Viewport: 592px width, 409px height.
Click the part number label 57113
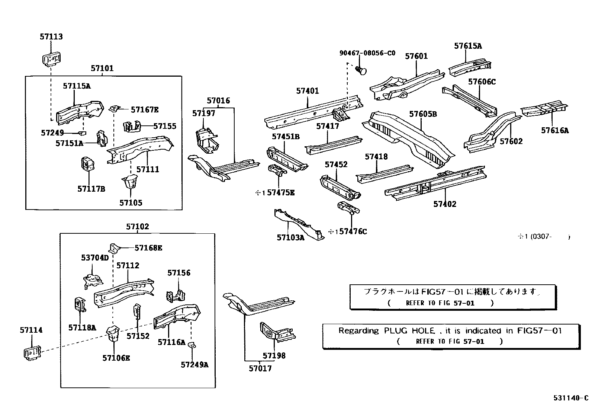51,36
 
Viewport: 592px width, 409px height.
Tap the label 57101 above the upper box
102,68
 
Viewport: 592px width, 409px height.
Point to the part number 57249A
194,365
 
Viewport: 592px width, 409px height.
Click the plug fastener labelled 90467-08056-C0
361,70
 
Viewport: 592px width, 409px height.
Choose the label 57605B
423,114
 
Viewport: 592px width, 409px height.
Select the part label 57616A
555,130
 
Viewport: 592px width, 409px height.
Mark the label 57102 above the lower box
137,227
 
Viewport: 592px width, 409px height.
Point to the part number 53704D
95,258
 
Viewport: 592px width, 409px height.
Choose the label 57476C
353,231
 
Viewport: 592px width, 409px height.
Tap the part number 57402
445,204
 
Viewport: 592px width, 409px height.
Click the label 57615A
468,46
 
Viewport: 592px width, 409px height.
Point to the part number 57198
274,355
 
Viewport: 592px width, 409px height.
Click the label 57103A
290,237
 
